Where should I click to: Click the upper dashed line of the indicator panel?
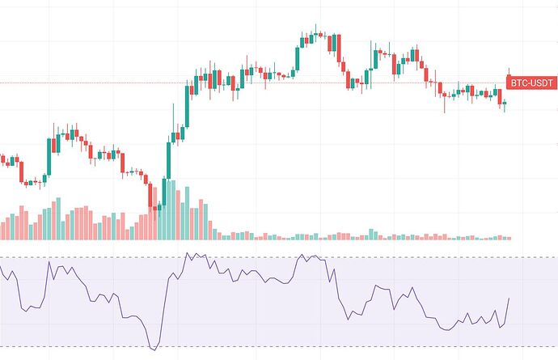(x=243, y=258)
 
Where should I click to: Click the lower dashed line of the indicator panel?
(x=243, y=346)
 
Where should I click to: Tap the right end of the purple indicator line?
(x=509, y=299)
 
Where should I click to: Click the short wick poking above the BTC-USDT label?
(x=509, y=71)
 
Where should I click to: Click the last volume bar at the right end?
(x=509, y=238)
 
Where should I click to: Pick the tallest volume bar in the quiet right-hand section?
(x=371, y=235)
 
